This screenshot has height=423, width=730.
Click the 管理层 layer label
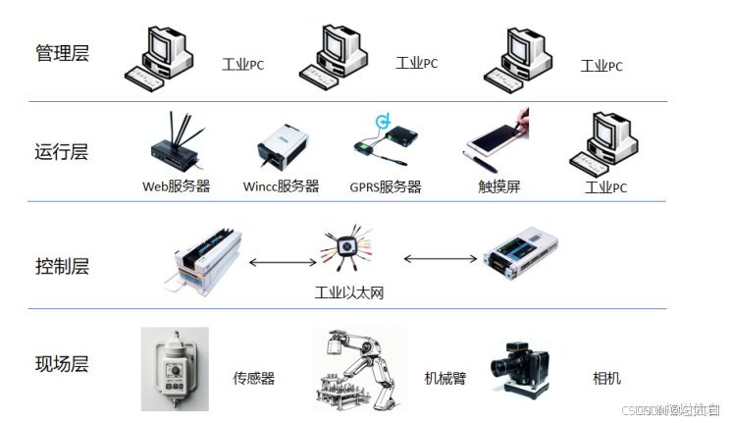click(x=62, y=53)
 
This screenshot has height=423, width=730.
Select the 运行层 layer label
click(x=62, y=152)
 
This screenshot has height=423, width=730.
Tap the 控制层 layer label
click(x=62, y=266)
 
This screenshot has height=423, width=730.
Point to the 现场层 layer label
click(x=62, y=364)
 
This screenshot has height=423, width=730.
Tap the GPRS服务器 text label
click(x=385, y=186)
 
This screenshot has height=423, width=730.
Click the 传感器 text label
click(x=253, y=378)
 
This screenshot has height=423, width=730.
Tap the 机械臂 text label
click(x=445, y=378)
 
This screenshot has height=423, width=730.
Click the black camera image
click(x=519, y=371)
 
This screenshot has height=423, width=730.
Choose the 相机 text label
click(x=606, y=378)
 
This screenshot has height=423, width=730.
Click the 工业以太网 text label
click(x=347, y=292)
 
